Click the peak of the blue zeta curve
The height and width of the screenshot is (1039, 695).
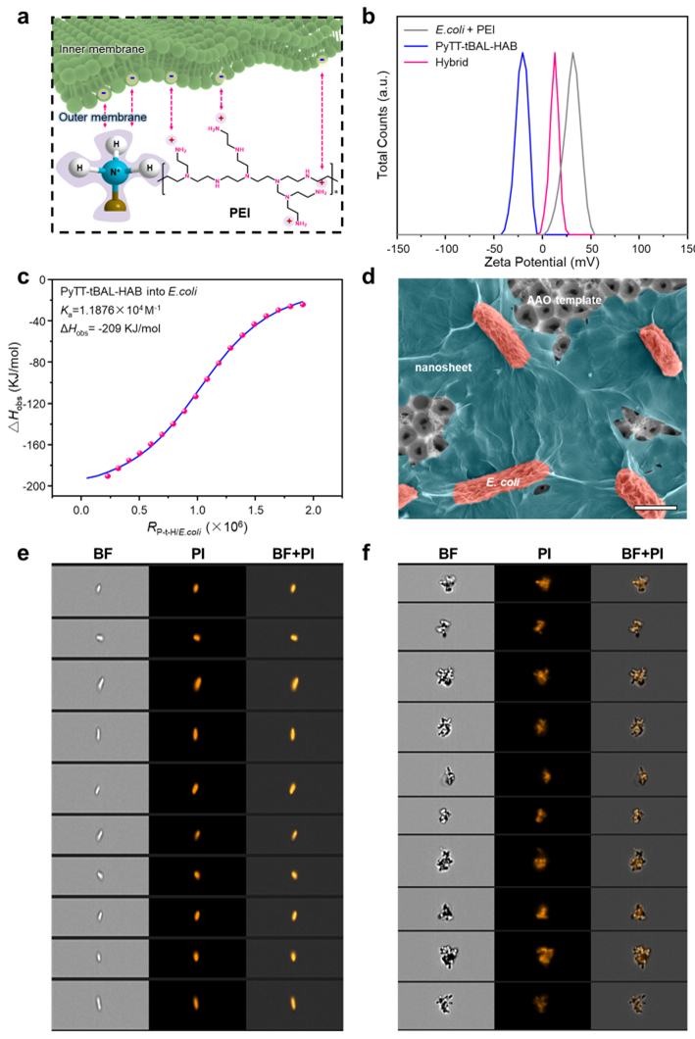click(x=523, y=54)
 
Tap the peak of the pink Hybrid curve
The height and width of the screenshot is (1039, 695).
click(x=556, y=54)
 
